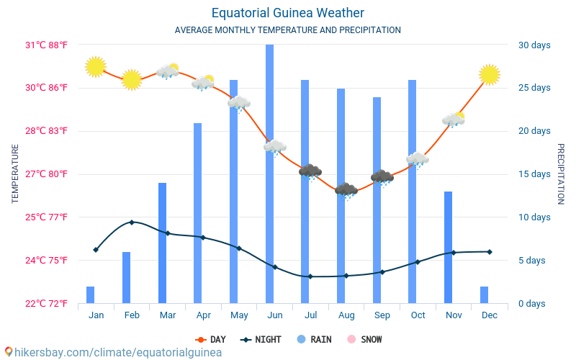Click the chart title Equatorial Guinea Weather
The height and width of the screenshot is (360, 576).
click(x=287, y=13)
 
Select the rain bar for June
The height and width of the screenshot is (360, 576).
click(x=269, y=173)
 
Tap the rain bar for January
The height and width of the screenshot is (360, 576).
click(x=90, y=294)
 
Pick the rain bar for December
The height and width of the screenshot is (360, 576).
click(x=484, y=294)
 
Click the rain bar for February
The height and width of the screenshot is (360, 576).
click(x=126, y=277)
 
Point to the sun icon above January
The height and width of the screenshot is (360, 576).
click(x=95, y=67)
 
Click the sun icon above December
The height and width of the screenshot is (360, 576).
click(x=490, y=74)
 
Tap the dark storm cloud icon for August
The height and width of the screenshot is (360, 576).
click(x=346, y=190)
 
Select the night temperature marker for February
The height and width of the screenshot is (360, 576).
click(x=131, y=222)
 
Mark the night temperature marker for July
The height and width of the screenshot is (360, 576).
click(x=310, y=276)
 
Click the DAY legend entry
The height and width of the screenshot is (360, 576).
click(x=210, y=339)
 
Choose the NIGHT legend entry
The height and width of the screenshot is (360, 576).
click(x=261, y=339)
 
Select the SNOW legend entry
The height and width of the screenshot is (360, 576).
click(x=364, y=339)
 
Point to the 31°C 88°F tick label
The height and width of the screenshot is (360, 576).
click(x=47, y=45)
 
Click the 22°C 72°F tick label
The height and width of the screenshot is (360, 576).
click(x=47, y=303)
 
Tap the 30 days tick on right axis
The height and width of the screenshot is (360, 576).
click(x=534, y=45)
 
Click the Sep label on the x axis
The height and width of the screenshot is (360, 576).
click(x=382, y=315)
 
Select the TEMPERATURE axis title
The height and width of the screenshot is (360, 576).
click(x=15, y=174)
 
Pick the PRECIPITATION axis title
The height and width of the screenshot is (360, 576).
click(x=561, y=174)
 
